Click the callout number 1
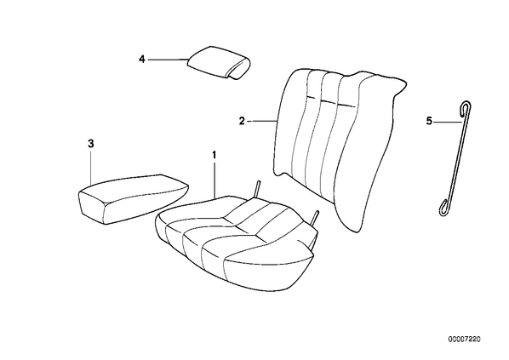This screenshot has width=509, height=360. click(x=214, y=154)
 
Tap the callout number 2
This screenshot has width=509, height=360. click(x=242, y=121)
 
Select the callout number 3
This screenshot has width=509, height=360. click(x=91, y=144)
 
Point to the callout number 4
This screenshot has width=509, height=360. click(x=142, y=60)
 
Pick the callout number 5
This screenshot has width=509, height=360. click(x=429, y=122)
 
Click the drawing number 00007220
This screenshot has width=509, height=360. click(x=465, y=340)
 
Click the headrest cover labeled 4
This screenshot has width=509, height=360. click(x=219, y=62)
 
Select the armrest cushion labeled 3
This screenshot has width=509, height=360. click(x=134, y=198)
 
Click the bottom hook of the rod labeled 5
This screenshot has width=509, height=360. click(x=443, y=208)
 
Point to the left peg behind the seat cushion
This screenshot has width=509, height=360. click(x=257, y=188)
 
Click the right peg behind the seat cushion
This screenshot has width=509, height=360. click(x=315, y=218)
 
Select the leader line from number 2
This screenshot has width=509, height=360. click(x=263, y=121)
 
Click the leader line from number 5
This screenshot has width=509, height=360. click(x=448, y=122)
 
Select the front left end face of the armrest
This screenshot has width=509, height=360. click(x=91, y=207)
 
